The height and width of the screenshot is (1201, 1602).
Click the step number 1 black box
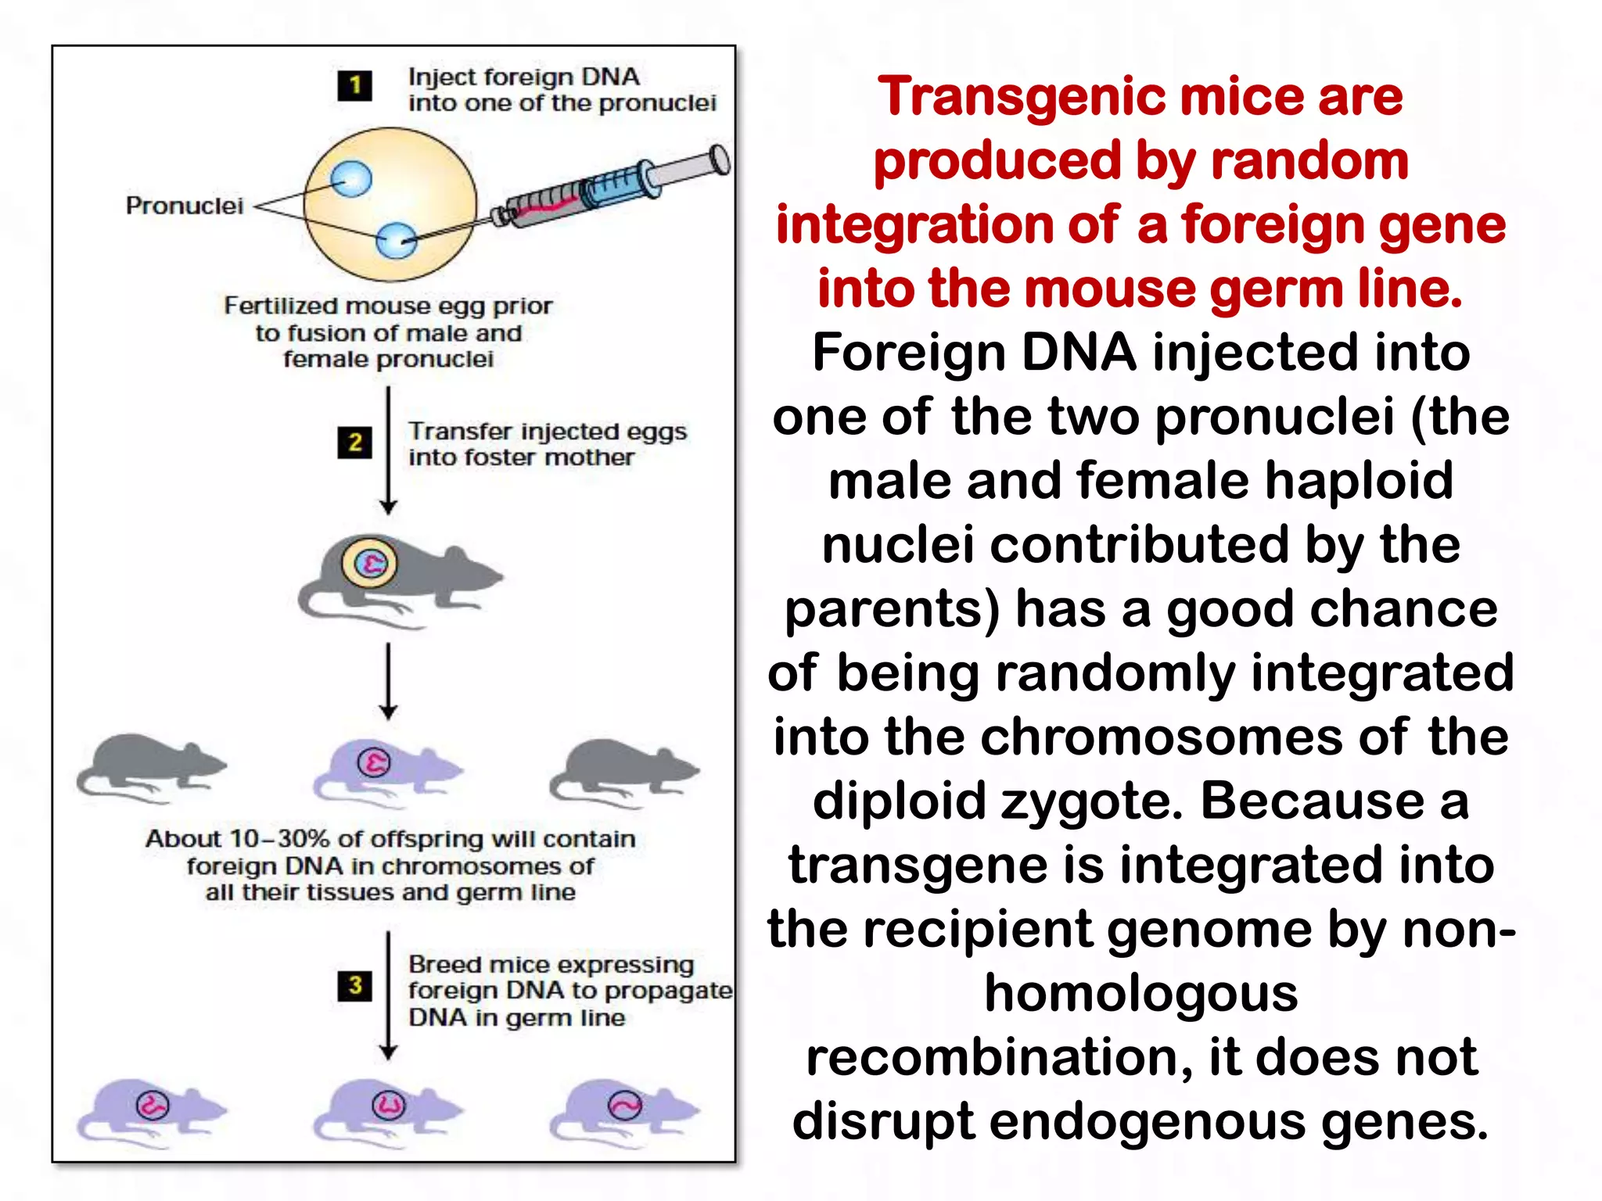(354, 85)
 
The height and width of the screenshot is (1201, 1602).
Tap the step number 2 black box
(354, 443)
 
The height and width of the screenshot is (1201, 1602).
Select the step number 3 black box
(354, 985)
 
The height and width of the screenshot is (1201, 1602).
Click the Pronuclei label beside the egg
(185, 206)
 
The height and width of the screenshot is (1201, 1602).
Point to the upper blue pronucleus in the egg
(350, 179)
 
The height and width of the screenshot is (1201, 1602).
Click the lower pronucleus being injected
(397, 240)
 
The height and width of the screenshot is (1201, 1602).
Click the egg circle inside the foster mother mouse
(370, 563)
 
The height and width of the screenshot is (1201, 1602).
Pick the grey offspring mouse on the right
(622, 770)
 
